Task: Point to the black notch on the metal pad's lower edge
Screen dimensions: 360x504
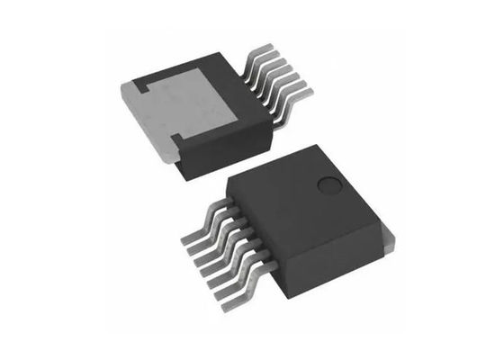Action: pyautogui.click(x=177, y=138)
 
